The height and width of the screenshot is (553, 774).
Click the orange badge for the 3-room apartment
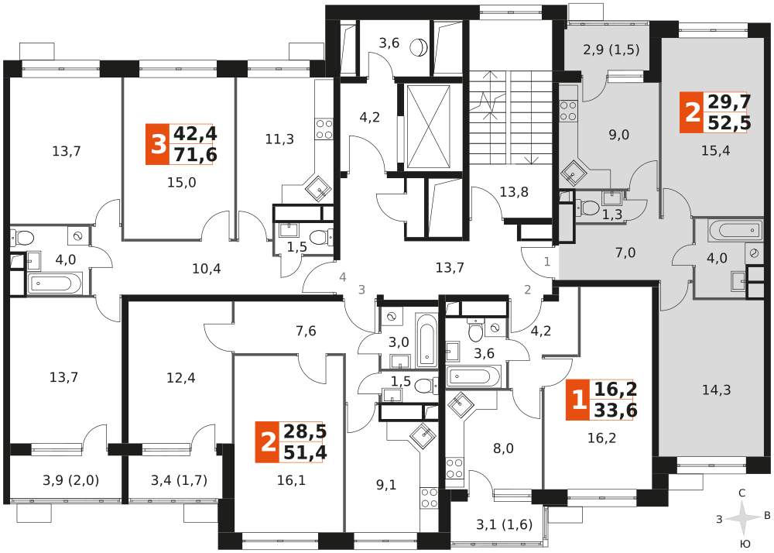(x=157, y=145)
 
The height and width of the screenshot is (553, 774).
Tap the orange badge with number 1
(x=577, y=400)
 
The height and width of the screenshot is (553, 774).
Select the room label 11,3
(x=279, y=139)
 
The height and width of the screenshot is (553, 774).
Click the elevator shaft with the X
(x=427, y=127)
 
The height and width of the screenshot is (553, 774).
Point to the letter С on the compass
(x=742, y=493)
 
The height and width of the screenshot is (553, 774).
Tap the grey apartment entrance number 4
(x=343, y=277)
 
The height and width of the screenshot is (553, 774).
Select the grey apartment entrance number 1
(x=547, y=262)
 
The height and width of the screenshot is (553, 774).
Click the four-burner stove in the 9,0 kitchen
(x=569, y=111)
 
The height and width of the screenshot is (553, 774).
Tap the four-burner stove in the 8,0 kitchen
(x=454, y=468)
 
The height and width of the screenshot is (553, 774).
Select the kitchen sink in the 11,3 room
(x=318, y=187)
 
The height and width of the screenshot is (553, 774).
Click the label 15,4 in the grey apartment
(x=716, y=151)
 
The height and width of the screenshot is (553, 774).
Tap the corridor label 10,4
(x=207, y=269)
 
